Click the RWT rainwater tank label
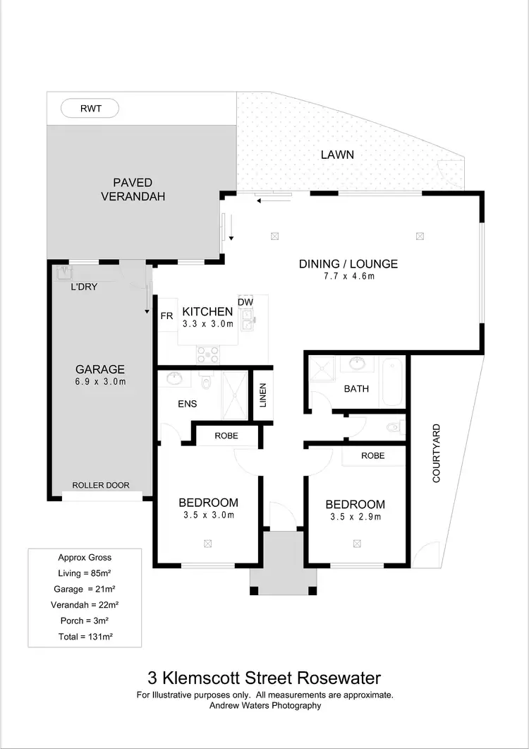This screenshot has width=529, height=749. tap(90, 109)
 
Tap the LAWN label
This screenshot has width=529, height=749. tap(337, 155)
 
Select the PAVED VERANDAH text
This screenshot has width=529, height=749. tap(133, 189)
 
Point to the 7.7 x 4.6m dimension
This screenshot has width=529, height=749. tap(348, 277)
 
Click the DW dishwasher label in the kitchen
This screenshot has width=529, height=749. tap(245, 302)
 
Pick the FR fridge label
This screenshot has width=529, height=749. tap(166, 316)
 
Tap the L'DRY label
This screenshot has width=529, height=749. tap(84, 287)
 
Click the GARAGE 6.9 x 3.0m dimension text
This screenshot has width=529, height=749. tap(100, 382)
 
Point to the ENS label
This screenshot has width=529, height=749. tap(188, 404)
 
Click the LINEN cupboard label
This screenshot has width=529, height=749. tap(262, 395)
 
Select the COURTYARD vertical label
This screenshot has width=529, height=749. tap(436, 453)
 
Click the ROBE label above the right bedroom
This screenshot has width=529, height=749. tap(372, 455)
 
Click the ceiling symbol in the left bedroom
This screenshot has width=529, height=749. tap(208, 543)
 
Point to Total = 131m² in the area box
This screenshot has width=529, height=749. tap(85, 636)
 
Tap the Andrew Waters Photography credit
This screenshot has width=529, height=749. tap(264, 705)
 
